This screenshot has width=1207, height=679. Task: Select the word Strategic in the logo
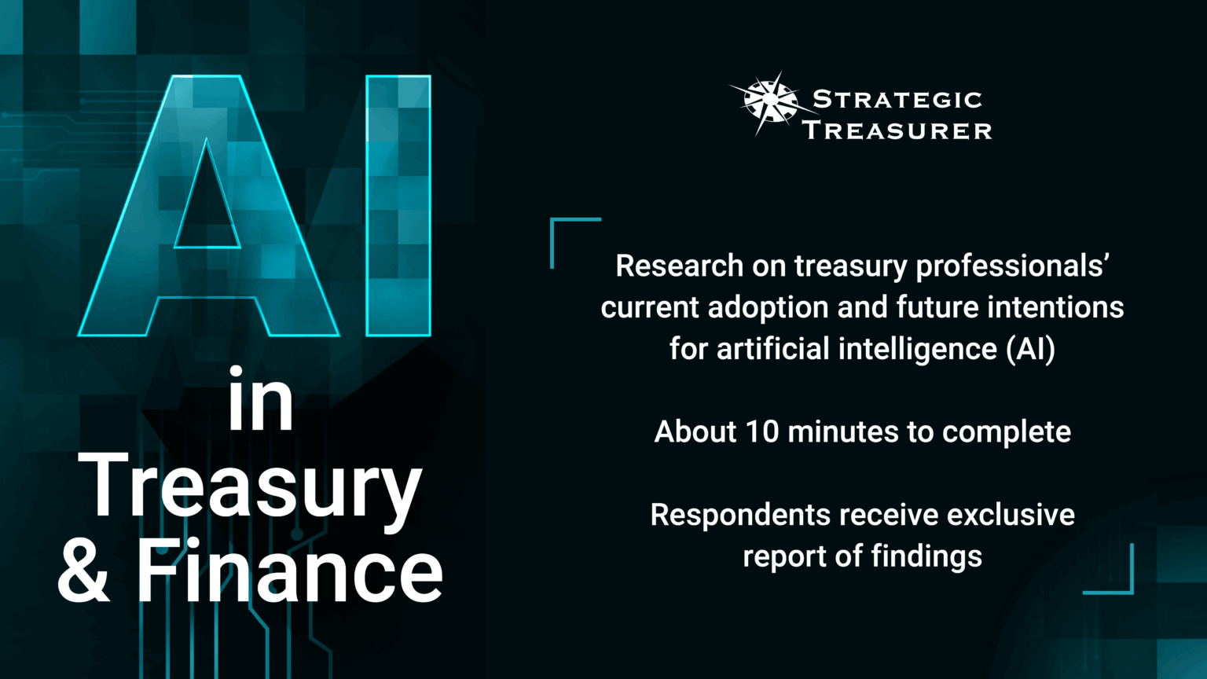pyautogui.click(x=897, y=100)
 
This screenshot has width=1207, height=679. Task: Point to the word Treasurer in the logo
pyautogui.click(x=897, y=130)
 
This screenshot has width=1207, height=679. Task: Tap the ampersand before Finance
pyautogui.click(x=83, y=573)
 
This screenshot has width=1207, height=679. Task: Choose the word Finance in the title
pyautogui.click(x=290, y=573)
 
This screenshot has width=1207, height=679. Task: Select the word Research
pyautogui.click(x=679, y=266)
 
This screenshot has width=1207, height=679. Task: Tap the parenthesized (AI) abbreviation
pyautogui.click(x=1031, y=348)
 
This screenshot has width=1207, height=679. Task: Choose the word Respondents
pyautogui.click(x=740, y=516)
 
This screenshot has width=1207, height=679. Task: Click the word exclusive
pyautogui.click(x=1011, y=516)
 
